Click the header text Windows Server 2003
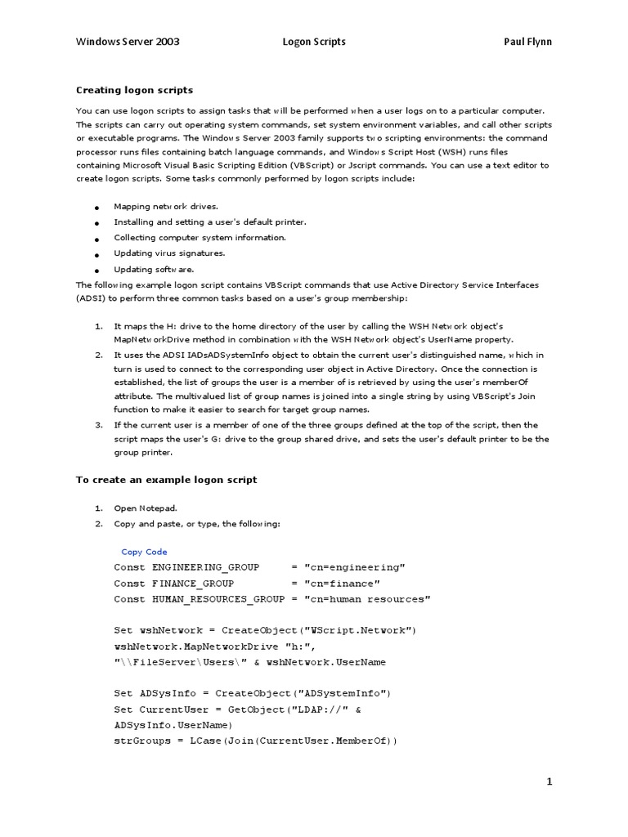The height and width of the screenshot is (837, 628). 128,42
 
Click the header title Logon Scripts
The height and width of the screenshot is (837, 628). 314,42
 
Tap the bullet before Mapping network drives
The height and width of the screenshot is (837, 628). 96,208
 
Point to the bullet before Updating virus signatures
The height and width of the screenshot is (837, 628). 96,254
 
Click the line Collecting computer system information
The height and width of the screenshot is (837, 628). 200,238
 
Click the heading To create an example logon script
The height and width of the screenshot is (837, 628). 166,480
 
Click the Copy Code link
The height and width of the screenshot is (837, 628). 144,552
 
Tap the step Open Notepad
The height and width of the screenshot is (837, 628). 145,508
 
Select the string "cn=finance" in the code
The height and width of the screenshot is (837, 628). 342,584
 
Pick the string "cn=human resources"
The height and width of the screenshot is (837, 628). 367,599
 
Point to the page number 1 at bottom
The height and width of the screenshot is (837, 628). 549,782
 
